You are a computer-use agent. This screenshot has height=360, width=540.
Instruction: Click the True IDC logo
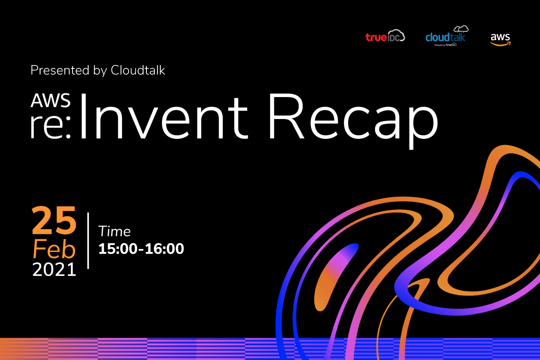[x=385, y=36]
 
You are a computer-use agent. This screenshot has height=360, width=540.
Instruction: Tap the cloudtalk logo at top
[x=447, y=36]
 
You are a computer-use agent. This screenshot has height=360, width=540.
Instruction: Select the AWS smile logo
[x=500, y=39]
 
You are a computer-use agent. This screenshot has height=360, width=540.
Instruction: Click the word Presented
[x=60, y=70]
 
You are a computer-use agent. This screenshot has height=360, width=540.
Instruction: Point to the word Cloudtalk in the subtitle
[x=138, y=70]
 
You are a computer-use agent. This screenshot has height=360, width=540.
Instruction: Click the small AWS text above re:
[x=51, y=100]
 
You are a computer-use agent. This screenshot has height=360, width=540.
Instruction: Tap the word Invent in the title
[x=164, y=116]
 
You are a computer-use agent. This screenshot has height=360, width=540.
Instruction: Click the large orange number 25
[x=54, y=220]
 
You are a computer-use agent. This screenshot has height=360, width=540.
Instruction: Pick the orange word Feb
[x=54, y=249]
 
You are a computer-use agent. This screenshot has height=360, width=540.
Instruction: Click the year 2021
[x=54, y=270]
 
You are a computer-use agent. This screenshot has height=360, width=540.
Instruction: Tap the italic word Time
[x=114, y=231]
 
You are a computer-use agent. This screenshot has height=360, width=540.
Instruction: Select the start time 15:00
[x=118, y=249]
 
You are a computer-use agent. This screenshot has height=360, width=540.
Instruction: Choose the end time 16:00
[x=165, y=249]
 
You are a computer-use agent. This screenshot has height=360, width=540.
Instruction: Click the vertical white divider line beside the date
[x=88, y=241]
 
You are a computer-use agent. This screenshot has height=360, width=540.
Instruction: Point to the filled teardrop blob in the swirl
[x=336, y=277]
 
